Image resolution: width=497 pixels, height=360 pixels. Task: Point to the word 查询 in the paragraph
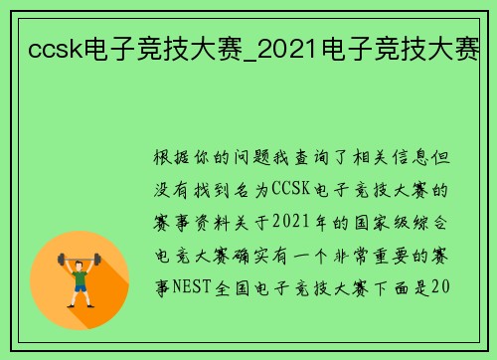(325, 157)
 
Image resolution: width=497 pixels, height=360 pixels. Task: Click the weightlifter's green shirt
(80, 273)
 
